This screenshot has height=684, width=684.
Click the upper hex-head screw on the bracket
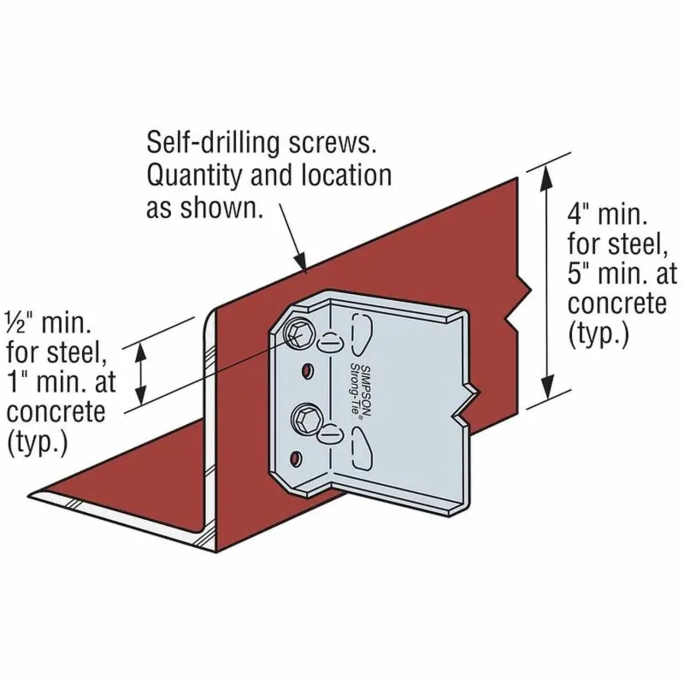[x=298, y=333]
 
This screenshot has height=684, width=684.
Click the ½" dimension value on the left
[x=22, y=322]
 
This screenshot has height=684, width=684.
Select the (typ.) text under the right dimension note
[x=598, y=333]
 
